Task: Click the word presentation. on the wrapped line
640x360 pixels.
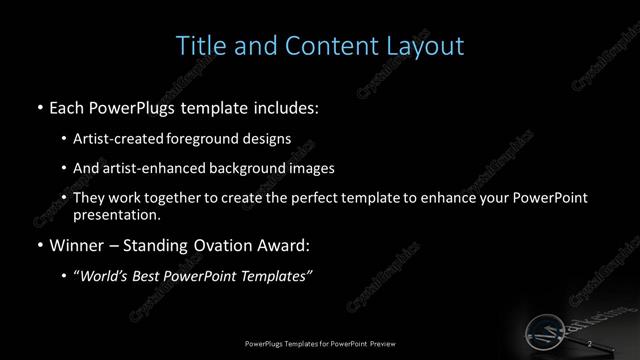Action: [x=116, y=214]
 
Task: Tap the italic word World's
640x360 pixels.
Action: [x=105, y=276]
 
